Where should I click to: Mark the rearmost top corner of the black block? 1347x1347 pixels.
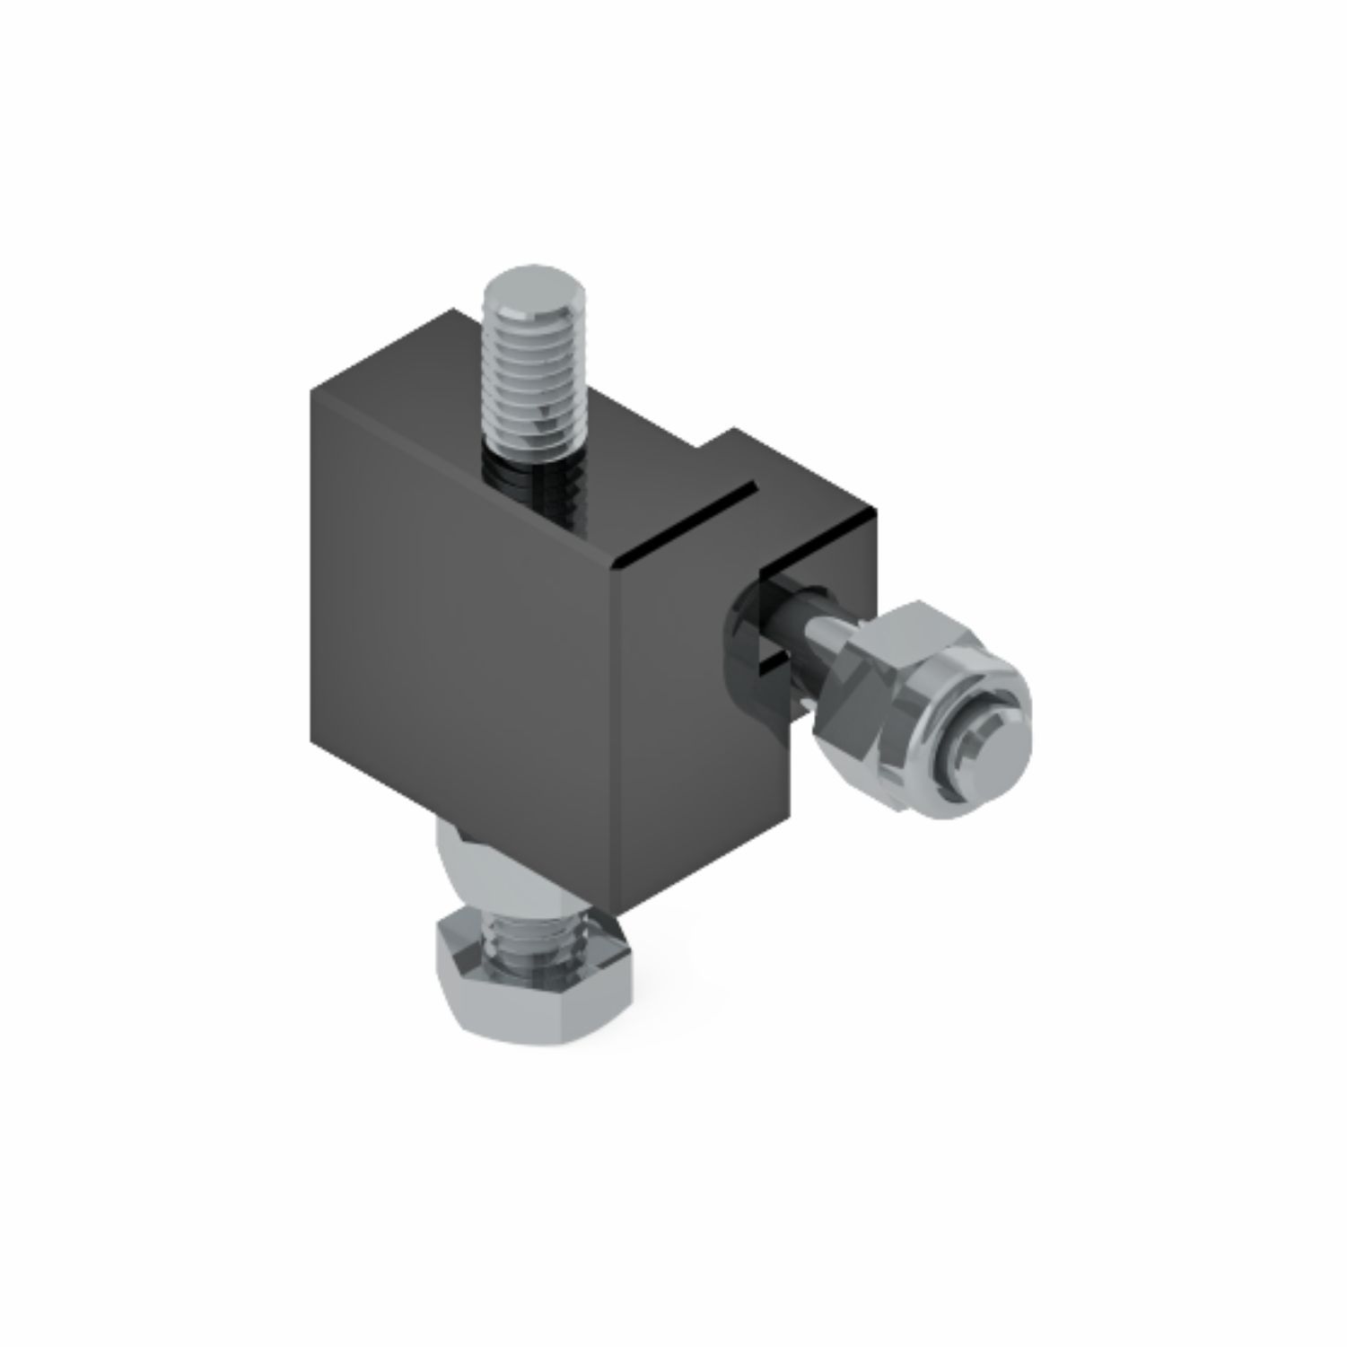[x=451, y=310]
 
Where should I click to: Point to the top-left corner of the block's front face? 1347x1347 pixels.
[x=311, y=389]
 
